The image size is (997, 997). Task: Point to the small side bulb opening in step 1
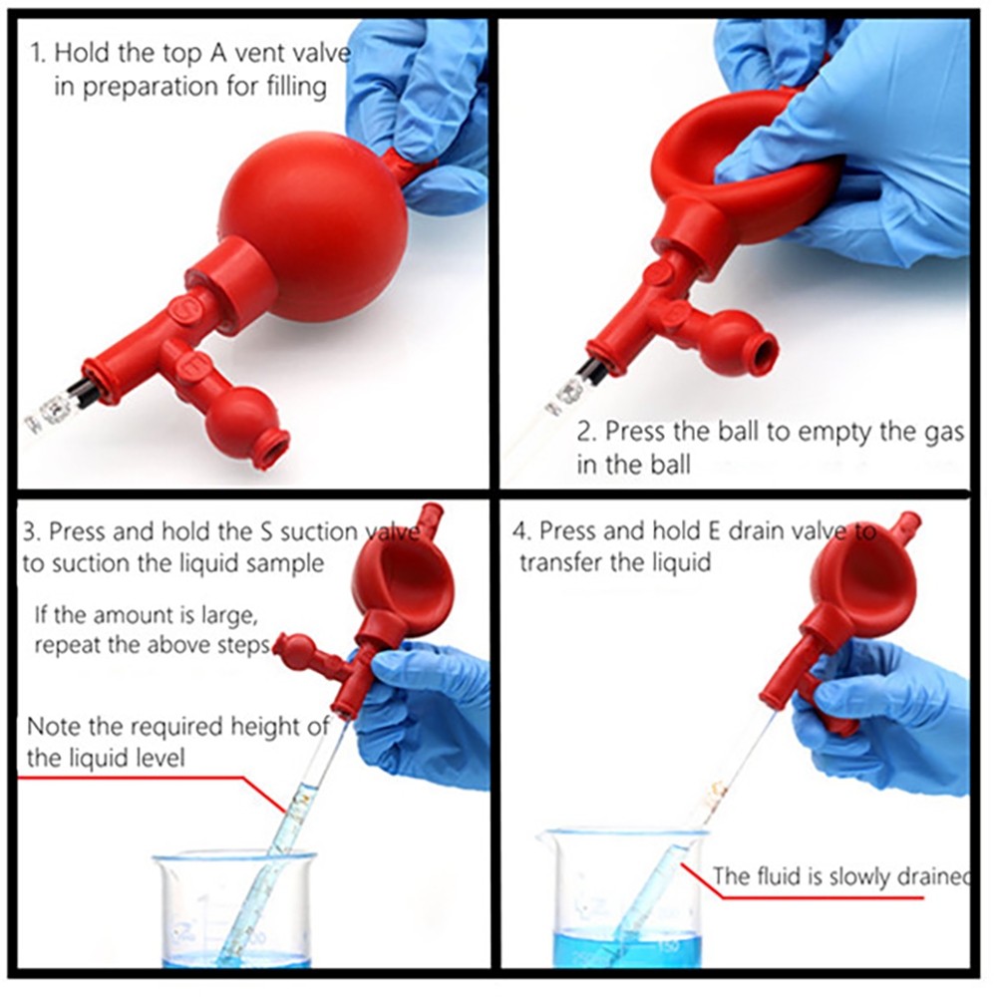pos(276,450)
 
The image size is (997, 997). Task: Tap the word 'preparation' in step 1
pos(151,87)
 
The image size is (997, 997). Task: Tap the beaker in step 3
pos(234,909)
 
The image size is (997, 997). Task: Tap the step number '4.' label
pos(522,531)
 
